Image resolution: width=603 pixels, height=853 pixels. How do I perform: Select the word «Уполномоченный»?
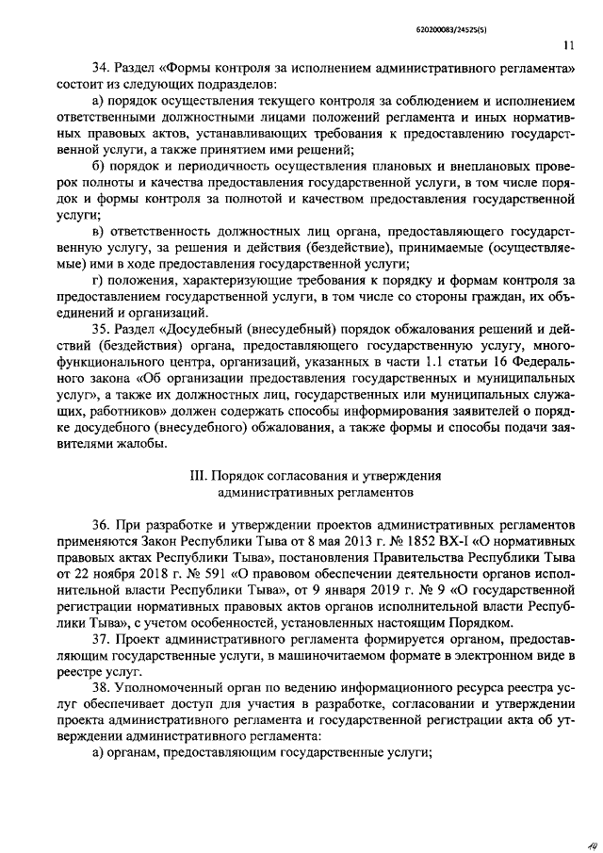point(165,686)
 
